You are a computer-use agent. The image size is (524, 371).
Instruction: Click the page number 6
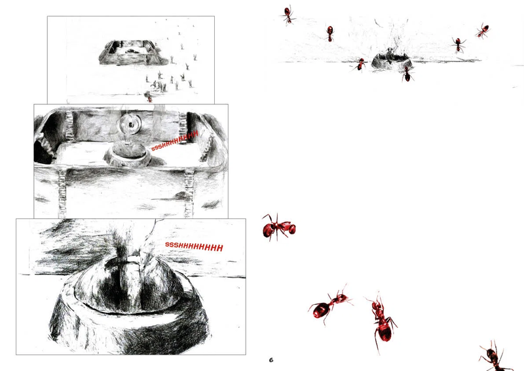tap(271, 360)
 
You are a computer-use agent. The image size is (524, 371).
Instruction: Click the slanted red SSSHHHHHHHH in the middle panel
tap(175, 141)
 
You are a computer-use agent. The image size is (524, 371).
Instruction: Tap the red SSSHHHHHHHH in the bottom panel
tap(194, 246)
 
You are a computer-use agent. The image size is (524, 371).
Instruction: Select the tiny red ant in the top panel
tap(149, 98)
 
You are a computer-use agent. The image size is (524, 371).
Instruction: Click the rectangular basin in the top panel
tap(133, 52)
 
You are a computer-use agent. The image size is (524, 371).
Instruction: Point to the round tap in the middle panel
tap(129, 125)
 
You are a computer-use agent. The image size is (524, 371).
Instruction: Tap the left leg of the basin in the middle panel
tap(62, 193)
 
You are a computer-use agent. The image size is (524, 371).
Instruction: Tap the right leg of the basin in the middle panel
tap(189, 193)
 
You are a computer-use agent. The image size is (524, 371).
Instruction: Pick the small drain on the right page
tap(391, 60)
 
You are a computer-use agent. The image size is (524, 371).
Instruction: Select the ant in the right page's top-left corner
tap(288, 14)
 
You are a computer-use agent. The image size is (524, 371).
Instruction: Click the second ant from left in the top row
tap(330, 33)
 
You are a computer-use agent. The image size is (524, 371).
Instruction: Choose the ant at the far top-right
tap(483, 31)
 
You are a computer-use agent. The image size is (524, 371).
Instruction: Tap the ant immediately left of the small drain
tap(360, 65)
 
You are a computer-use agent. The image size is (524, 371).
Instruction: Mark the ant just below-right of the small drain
tap(407, 74)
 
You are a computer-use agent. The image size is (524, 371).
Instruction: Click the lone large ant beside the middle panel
tap(278, 227)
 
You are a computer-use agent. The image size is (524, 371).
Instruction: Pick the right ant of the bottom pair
tap(382, 321)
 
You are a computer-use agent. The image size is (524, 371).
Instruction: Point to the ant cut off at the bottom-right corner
tap(495, 357)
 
